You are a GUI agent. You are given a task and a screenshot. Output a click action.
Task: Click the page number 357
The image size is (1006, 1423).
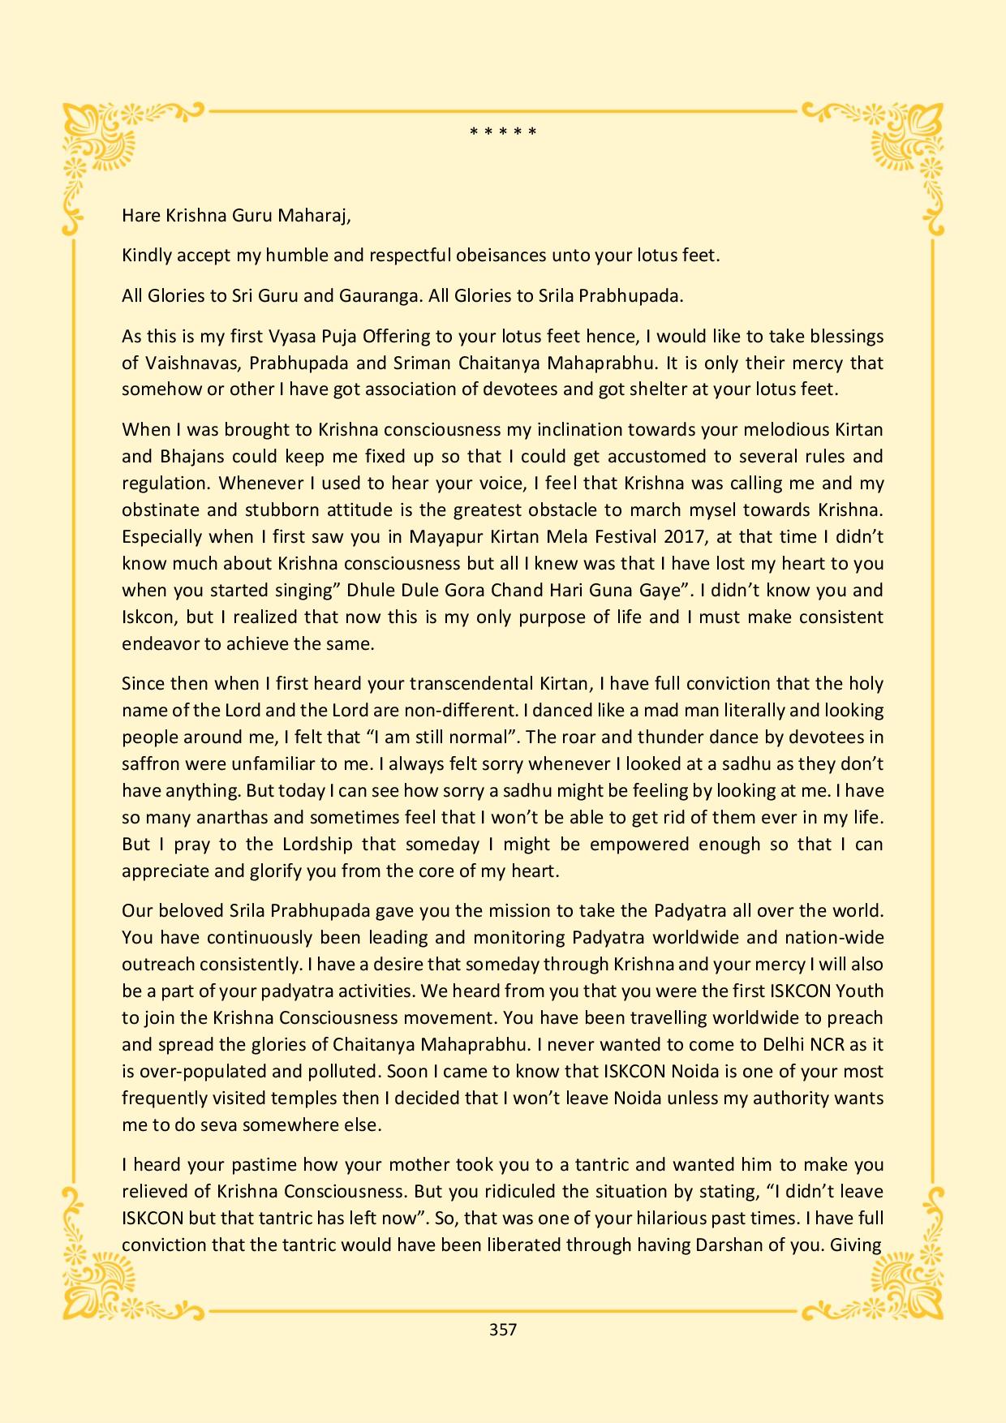(x=503, y=1329)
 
